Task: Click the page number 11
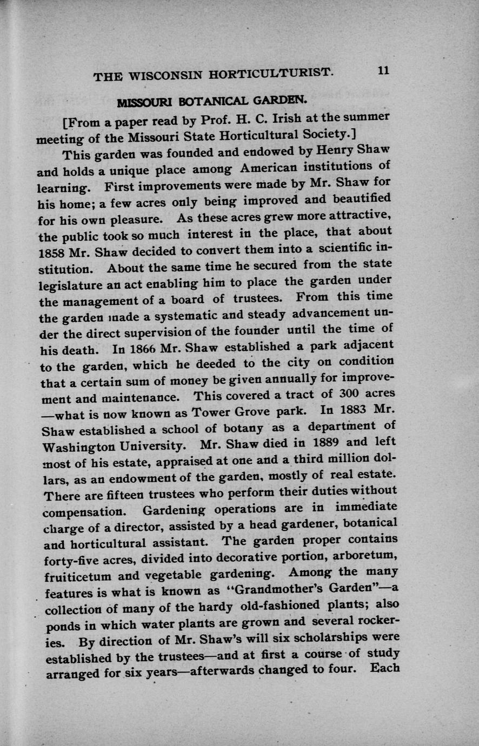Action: tap(384, 70)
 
